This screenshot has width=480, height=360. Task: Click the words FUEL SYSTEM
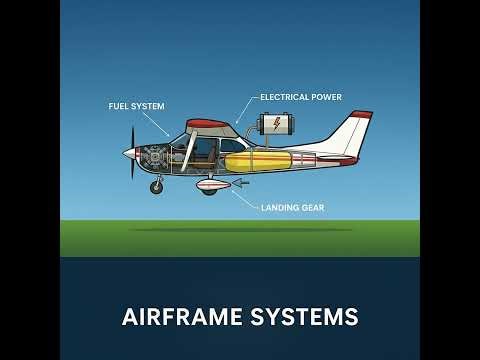coord(136,105)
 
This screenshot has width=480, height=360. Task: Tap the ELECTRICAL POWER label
coord(300,97)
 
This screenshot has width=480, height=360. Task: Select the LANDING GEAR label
coord(292,208)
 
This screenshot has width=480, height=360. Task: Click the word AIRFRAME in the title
coord(182,317)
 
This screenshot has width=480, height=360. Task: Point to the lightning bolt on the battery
coord(276,124)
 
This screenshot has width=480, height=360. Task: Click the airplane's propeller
coord(133,153)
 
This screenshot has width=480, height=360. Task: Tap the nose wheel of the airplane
coord(156,187)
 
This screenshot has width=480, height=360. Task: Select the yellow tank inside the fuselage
coord(258,161)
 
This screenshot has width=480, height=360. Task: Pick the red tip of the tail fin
coord(361,115)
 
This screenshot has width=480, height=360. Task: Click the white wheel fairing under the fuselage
coord(213,184)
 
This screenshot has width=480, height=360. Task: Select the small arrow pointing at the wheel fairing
coord(240,183)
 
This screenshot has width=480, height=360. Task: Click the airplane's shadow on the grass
coord(240,230)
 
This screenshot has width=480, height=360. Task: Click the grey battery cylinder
coord(276,124)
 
